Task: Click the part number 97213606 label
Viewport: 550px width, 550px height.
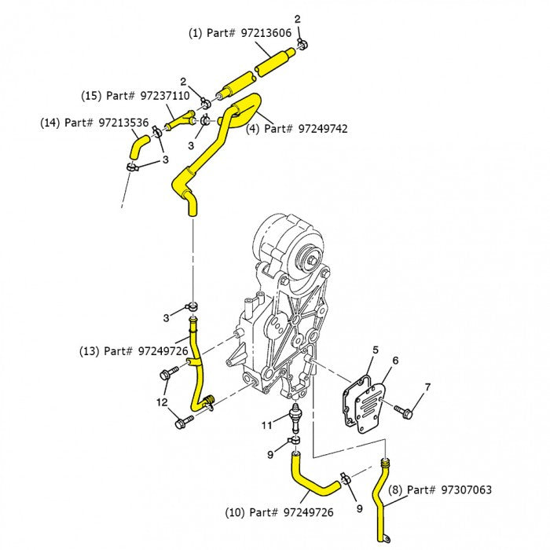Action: coord(240,33)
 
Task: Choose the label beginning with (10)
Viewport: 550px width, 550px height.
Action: coord(279,512)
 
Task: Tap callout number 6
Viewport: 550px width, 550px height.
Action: coord(395,361)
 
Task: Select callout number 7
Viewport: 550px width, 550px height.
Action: coord(427,387)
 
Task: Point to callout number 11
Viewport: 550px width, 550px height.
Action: coord(266,425)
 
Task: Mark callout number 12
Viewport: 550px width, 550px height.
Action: coord(162,403)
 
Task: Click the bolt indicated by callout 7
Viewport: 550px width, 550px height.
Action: coord(401,410)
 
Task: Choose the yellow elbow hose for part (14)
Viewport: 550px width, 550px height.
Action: coord(138,145)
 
